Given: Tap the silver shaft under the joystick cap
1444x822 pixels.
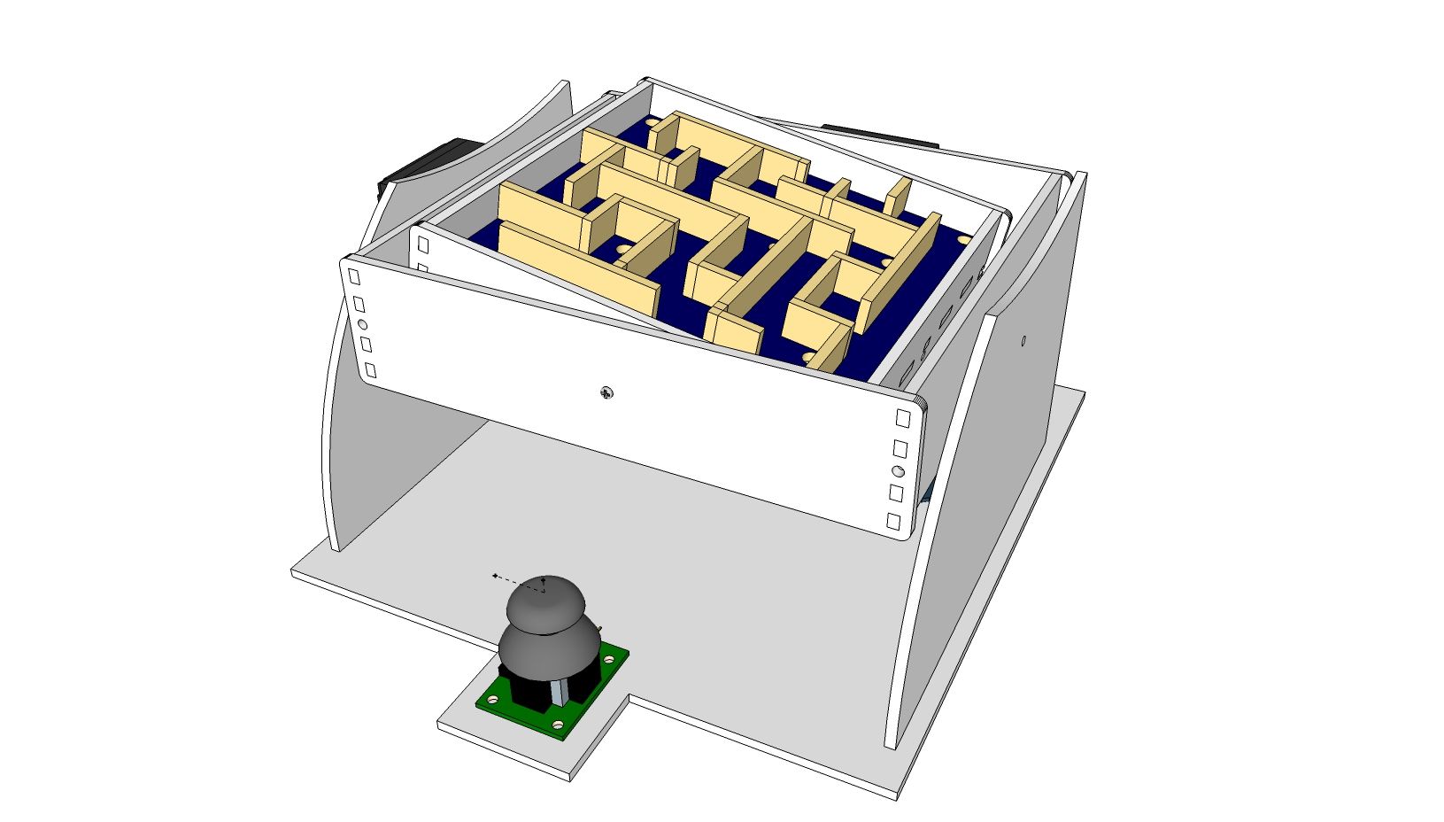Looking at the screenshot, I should pos(558,693).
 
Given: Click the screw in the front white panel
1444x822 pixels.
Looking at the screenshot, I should pos(606,392).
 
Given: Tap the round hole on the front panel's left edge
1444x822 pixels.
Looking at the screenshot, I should pos(362,324).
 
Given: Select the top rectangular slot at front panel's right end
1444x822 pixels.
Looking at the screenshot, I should pos(903,417).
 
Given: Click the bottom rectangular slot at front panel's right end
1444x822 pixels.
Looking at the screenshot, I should pos(894,522).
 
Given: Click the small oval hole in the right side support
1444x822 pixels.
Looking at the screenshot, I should pos(1023,340).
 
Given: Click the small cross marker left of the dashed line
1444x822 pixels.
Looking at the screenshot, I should pos(494,576).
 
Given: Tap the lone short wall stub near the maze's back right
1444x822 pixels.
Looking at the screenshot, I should pos(897,197).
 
